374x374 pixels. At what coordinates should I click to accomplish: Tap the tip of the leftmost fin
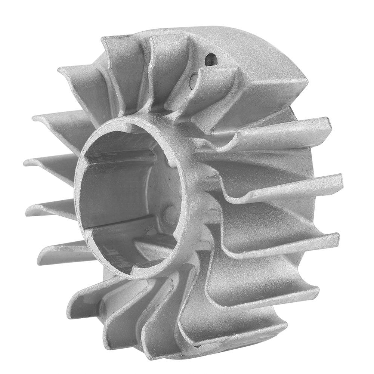coord(27,163)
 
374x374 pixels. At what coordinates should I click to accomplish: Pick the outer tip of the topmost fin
coord(112,39)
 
